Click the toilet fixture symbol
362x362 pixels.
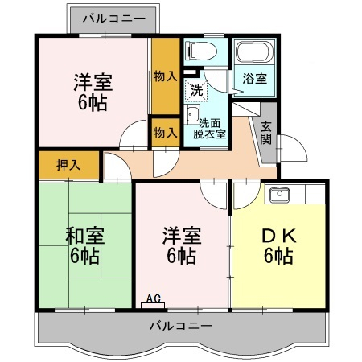click(x=201, y=51)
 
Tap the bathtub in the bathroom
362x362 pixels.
click(x=253, y=52)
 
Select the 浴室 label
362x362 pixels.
click(x=255, y=79)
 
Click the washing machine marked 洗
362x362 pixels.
click(x=196, y=91)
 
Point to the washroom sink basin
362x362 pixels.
click(x=192, y=114)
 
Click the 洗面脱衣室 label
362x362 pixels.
click(x=210, y=129)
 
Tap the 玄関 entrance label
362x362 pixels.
click(x=266, y=133)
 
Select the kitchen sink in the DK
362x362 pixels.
click(x=279, y=195)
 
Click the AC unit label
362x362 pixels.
click(x=154, y=298)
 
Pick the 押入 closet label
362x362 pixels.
click(x=68, y=165)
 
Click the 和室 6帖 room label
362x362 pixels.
click(x=84, y=245)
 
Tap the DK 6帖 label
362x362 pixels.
click(x=279, y=245)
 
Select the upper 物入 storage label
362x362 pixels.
click(x=165, y=76)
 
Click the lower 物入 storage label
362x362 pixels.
click(x=165, y=133)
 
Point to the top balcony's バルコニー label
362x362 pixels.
click(x=114, y=19)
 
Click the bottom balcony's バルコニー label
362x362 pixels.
click(x=181, y=326)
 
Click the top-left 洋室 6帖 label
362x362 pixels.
click(x=93, y=92)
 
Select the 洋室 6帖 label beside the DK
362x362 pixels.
click(x=182, y=245)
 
